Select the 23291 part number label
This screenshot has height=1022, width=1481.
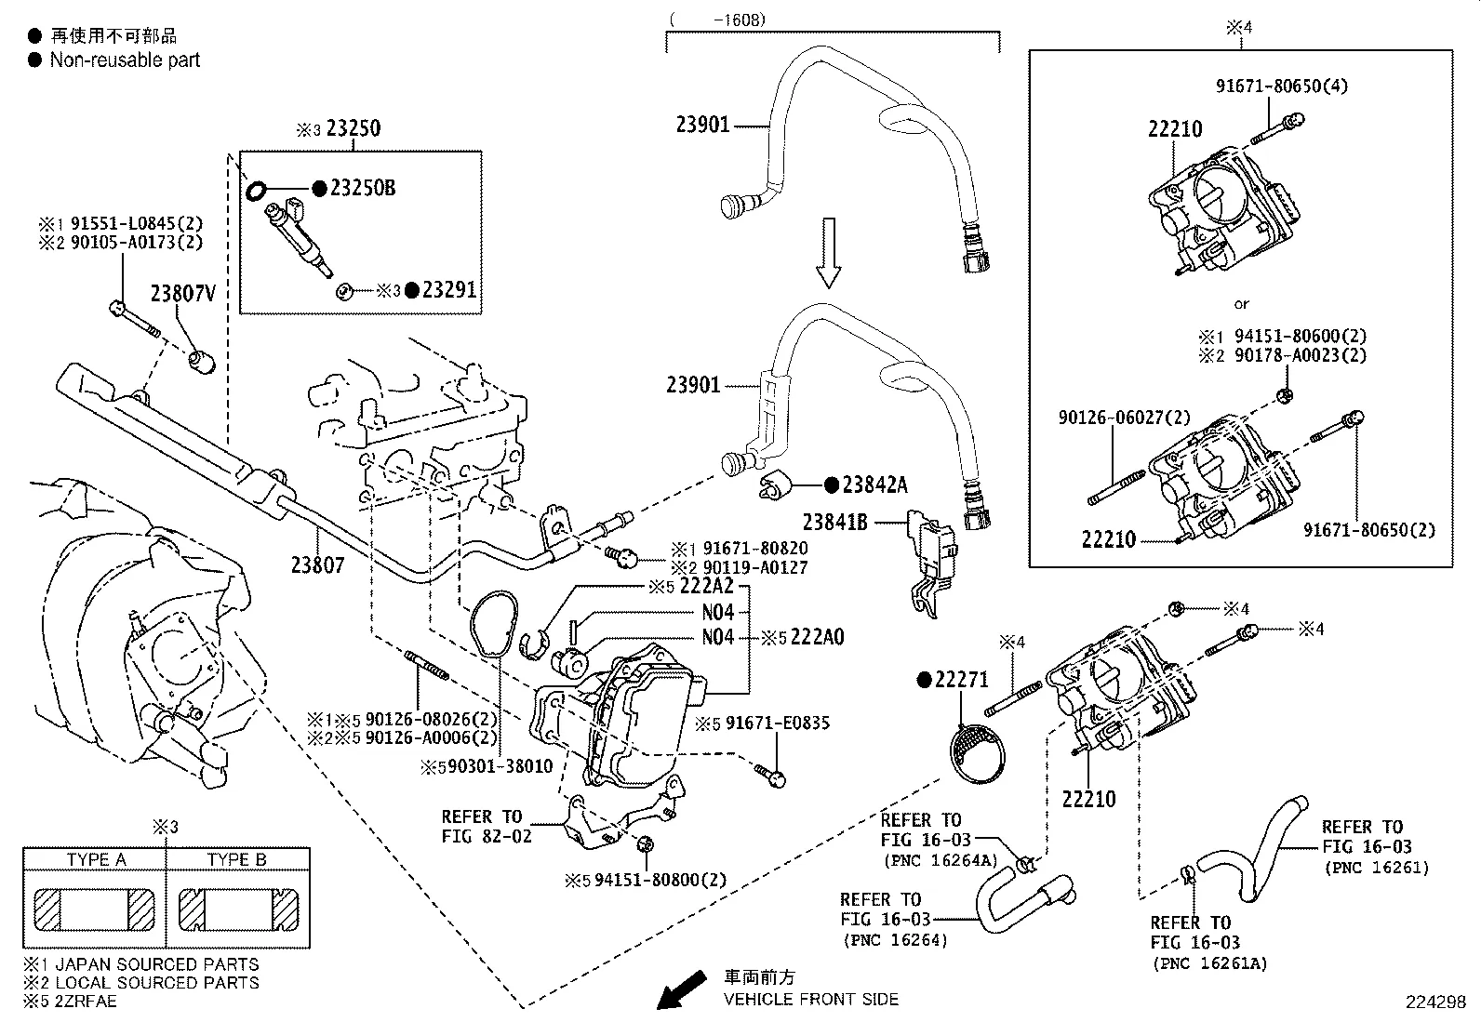[448, 290]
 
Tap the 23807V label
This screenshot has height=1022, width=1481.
[183, 295]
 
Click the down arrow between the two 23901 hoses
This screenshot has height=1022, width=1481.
[828, 252]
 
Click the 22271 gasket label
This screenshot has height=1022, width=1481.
[963, 681]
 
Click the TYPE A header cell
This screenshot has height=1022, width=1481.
[96, 859]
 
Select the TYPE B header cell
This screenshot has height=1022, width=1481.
[236, 859]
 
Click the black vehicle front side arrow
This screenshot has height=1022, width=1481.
[681, 989]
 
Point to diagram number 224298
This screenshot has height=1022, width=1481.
[1435, 1002]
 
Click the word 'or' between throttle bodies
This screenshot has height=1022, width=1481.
[1241, 304]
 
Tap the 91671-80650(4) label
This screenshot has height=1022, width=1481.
[1282, 86]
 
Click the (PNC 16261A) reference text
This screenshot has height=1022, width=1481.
[1208, 964]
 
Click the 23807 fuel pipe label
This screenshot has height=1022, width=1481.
[317, 564]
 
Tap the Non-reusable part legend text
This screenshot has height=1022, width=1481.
[125, 60]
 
